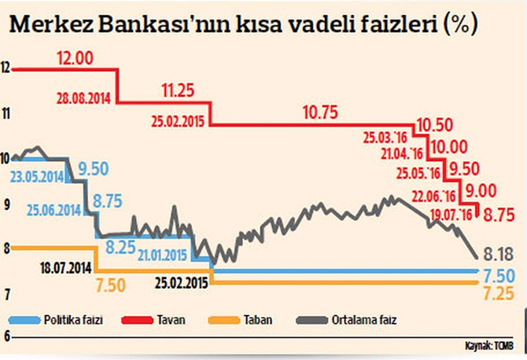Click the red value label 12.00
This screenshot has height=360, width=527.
(76, 58)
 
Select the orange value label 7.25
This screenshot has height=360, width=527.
(498, 292)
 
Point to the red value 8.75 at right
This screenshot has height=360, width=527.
(499, 213)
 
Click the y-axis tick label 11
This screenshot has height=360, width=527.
(8, 114)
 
